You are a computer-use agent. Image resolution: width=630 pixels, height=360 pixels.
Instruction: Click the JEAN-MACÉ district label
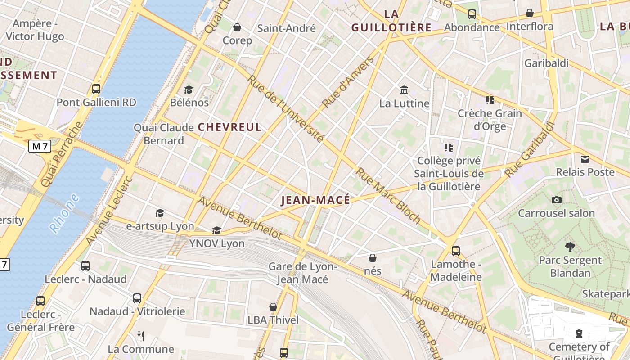click(x=315, y=200)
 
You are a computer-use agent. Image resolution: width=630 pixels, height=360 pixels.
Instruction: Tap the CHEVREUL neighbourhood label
click(x=229, y=127)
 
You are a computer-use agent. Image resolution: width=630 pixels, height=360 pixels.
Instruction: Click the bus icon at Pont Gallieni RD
click(x=96, y=89)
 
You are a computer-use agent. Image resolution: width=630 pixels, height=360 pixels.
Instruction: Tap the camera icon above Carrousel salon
click(x=557, y=200)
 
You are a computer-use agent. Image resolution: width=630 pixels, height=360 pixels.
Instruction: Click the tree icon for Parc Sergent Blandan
click(x=570, y=247)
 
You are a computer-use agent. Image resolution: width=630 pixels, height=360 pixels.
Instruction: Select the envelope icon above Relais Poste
click(x=585, y=159)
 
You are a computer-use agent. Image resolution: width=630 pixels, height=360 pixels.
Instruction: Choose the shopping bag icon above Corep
click(x=237, y=27)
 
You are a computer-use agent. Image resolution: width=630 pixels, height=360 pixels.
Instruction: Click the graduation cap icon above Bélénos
click(x=189, y=90)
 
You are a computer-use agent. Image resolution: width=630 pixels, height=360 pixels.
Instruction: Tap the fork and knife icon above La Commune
click(x=141, y=336)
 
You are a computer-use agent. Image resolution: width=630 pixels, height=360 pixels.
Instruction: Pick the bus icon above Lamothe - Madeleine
click(x=456, y=251)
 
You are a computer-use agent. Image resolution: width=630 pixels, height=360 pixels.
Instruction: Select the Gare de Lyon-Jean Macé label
click(x=302, y=273)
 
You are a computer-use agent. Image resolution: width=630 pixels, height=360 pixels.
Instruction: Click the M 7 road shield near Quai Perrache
click(x=40, y=146)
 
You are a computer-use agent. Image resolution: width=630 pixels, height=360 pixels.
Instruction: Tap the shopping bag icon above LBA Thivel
click(x=273, y=307)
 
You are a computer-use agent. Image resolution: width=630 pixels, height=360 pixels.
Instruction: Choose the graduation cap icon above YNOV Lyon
click(x=216, y=230)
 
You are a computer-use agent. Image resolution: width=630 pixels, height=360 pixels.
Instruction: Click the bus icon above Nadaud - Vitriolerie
click(x=137, y=298)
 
